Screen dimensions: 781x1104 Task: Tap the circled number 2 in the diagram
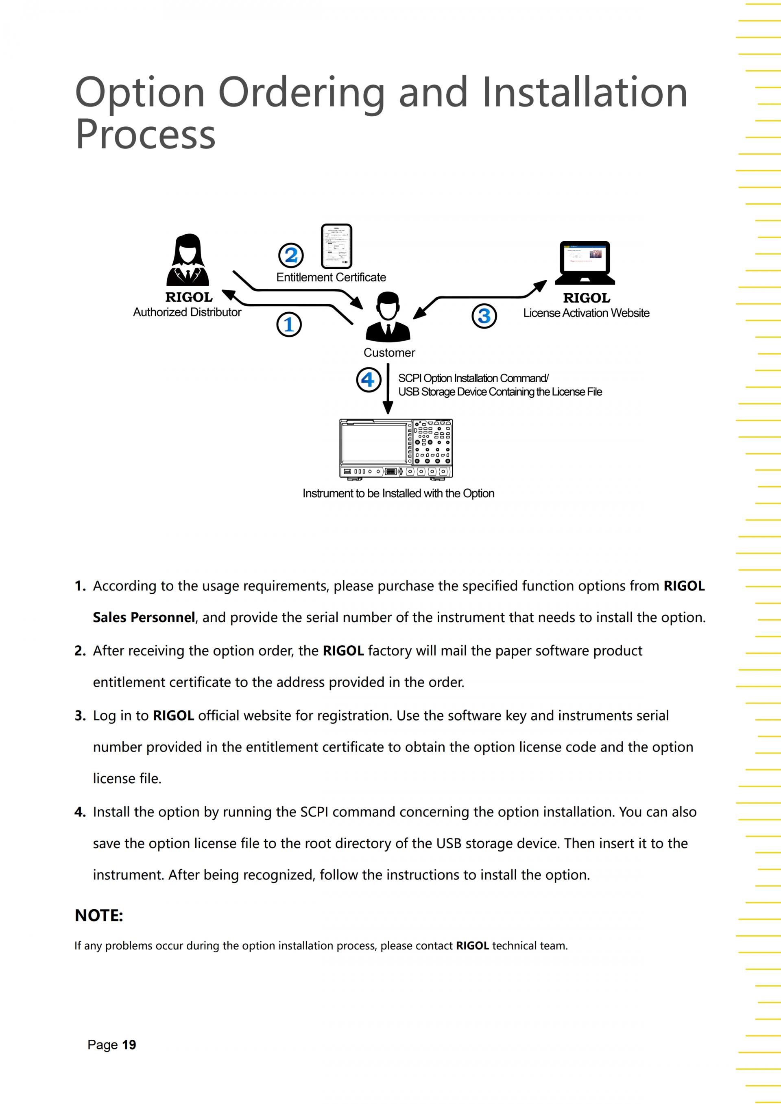pos(291,255)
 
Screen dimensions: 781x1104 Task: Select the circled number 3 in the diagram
pos(484,316)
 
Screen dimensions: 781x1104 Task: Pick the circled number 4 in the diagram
pos(369,380)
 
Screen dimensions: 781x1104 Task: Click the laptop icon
pos(585,263)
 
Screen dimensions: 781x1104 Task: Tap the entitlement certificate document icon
pos(337,246)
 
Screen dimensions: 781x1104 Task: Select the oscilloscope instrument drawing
pos(396,449)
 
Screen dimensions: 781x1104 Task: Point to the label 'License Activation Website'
pos(586,313)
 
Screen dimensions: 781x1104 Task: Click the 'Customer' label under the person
pos(389,353)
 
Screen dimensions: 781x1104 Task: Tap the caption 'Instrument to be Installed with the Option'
pos(398,493)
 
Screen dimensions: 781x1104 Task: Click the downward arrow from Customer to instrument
pos(388,388)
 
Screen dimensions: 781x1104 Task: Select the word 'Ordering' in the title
pos(301,92)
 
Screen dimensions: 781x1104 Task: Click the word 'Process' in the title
pos(145,135)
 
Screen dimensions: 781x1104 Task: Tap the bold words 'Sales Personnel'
pos(144,617)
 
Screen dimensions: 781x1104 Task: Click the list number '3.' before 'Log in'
pos(80,716)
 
